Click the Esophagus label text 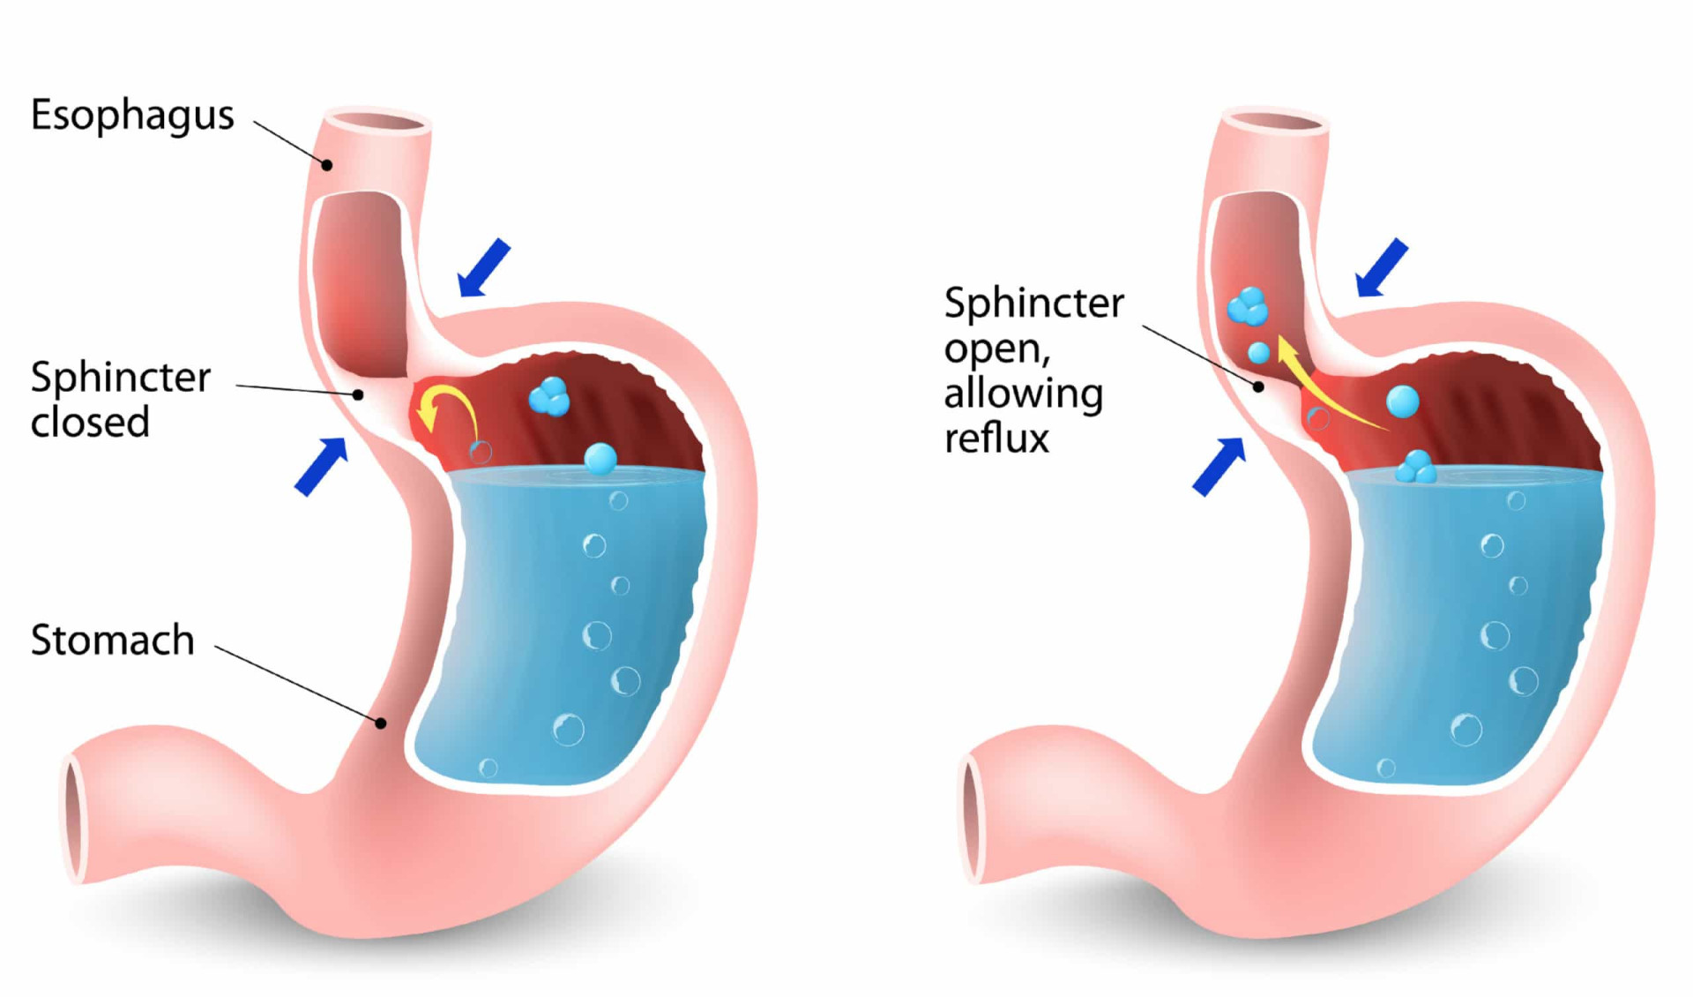pyautogui.click(x=132, y=116)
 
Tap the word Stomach pyautogui.click(x=113, y=640)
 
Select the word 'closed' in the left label pyautogui.click(x=90, y=423)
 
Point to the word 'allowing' pyautogui.click(x=1023, y=394)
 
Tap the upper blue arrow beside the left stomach pyautogui.click(x=484, y=267)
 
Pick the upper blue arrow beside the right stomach pyautogui.click(x=1381, y=267)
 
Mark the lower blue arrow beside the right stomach pyautogui.click(x=1219, y=466)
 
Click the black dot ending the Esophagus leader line pyautogui.click(x=326, y=165)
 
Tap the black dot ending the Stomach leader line pyautogui.click(x=381, y=723)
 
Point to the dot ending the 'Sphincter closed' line pyautogui.click(x=358, y=394)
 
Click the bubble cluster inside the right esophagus pyautogui.click(x=1248, y=306)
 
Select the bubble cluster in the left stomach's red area pyautogui.click(x=549, y=396)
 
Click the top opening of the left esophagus pyautogui.click(x=377, y=123)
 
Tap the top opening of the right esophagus pyautogui.click(x=1275, y=123)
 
